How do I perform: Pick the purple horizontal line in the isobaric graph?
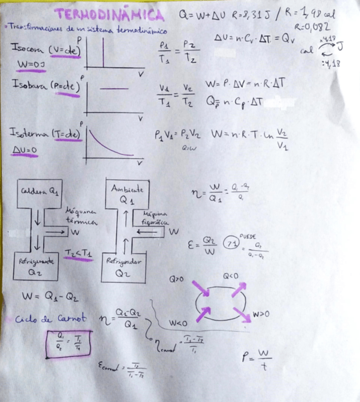[x=114, y=89]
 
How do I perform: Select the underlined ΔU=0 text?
[x=24, y=150]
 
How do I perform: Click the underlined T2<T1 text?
[x=78, y=253]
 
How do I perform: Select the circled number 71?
[x=231, y=243]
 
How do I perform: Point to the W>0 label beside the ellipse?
[x=262, y=313]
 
